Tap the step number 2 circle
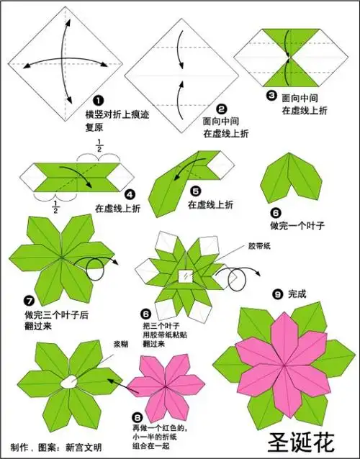point(222,108)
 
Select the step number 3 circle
point(271,96)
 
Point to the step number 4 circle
point(130,194)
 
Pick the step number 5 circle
point(196,192)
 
